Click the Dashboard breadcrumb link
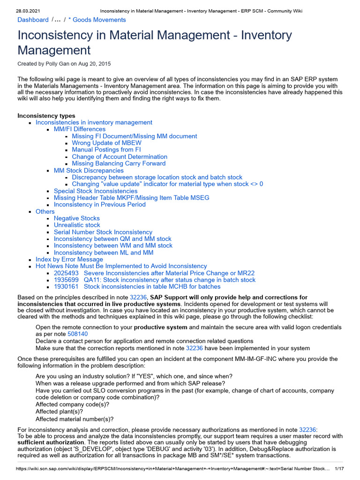coord(33,20)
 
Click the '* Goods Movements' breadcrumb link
coord(97,20)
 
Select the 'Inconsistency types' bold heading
coord(46,116)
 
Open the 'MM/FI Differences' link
coord(79,129)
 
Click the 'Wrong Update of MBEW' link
coord(106,143)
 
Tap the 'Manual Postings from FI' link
coord(106,150)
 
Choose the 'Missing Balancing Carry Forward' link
coord(119,164)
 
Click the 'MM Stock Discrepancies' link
coord(89,171)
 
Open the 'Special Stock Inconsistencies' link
coord(96,191)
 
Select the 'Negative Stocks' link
coord(76,218)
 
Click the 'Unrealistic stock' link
coord(77,225)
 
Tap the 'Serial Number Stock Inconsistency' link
coord(103,232)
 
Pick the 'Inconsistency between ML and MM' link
coord(103,253)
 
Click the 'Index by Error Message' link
coord(69,259)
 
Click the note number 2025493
coord(66,273)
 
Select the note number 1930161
coord(66,286)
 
